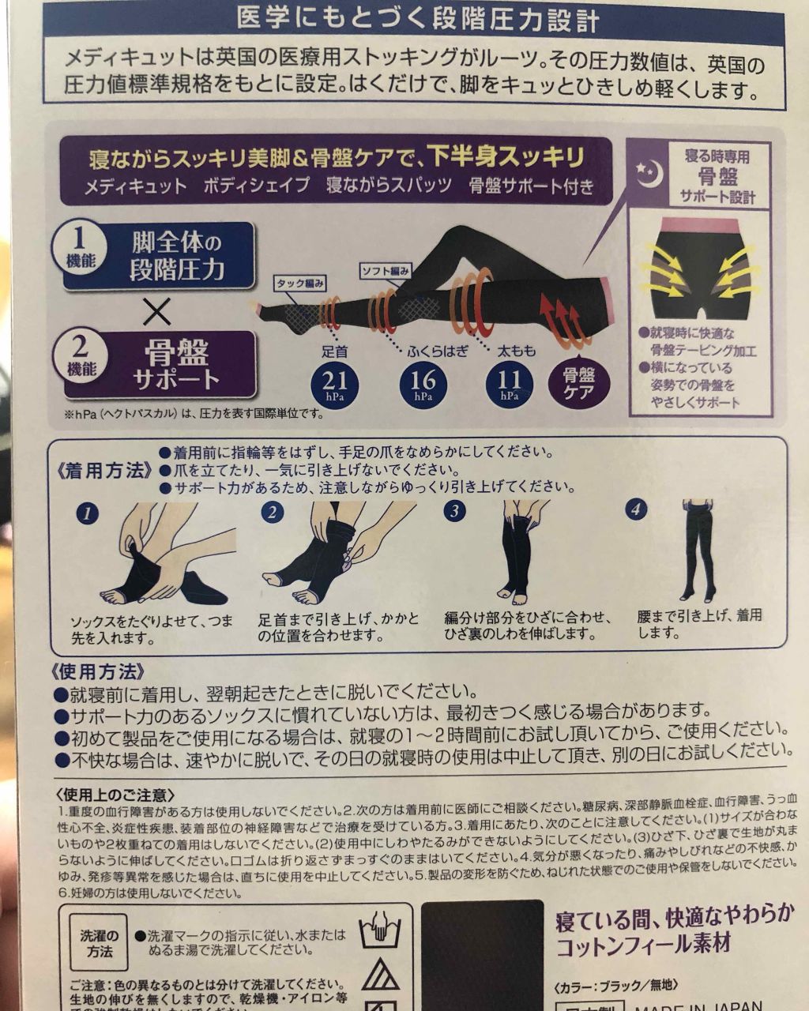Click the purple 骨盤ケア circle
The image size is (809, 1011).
point(579,385)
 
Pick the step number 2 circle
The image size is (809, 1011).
point(272,513)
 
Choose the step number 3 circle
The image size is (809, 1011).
point(453,511)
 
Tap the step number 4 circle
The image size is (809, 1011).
point(636,509)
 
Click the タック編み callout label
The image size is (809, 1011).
point(301,282)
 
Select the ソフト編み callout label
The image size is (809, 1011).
point(386,271)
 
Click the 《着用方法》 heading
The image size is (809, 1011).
point(103,471)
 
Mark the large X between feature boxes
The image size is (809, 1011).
point(158,311)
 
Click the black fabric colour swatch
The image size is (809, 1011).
point(481,956)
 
